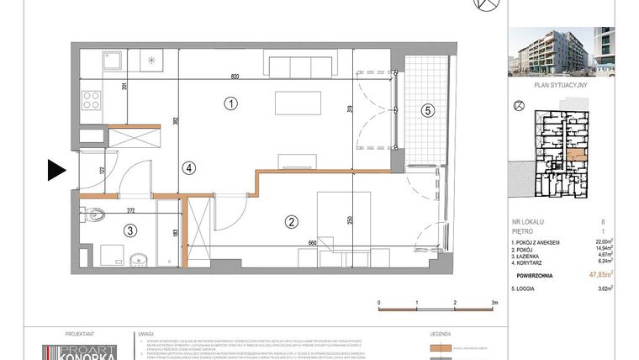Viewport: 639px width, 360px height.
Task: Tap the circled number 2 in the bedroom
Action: pyautogui.click(x=291, y=223)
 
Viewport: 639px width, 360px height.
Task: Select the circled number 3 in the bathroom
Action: pyautogui.click(x=129, y=230)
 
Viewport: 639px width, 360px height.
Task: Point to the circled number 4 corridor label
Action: pyautogui.click(x=190, y=168)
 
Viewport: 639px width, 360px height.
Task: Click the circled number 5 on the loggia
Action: pyautogui.click(x=427, y=110)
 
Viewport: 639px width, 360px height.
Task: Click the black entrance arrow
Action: pyautogui.click(x=56, y=171)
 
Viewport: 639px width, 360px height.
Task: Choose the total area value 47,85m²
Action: pyautogui.click(x=599, y=273)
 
